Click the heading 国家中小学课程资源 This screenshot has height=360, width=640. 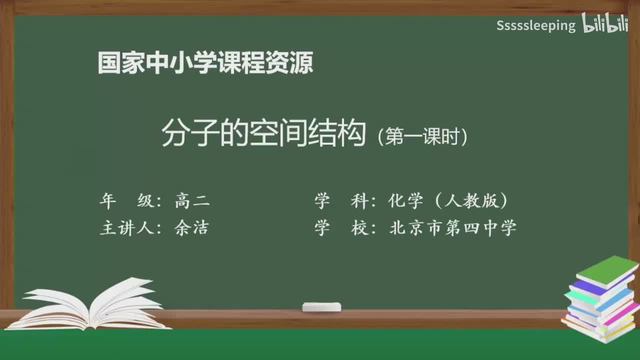coord(205,62)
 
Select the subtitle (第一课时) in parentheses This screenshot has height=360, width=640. coord(423,137)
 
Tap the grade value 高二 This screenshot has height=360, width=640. coord(192,201)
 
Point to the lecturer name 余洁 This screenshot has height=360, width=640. coord(191,228)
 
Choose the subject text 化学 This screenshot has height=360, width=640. coord(405,201)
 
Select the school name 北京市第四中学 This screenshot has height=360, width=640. coord(452,228)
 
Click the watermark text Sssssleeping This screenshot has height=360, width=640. coord(536,25)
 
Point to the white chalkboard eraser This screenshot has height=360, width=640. coord(321,307)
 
